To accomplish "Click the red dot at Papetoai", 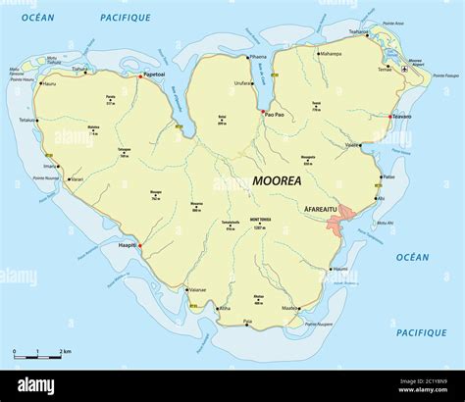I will [138, 76].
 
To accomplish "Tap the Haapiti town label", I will [126, 245].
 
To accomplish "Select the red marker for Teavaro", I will [389, 118].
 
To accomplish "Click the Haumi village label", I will [339, 269].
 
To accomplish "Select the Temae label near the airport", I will [386, 70].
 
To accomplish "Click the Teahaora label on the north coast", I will [360, 32].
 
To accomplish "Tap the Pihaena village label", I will [258, 57].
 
